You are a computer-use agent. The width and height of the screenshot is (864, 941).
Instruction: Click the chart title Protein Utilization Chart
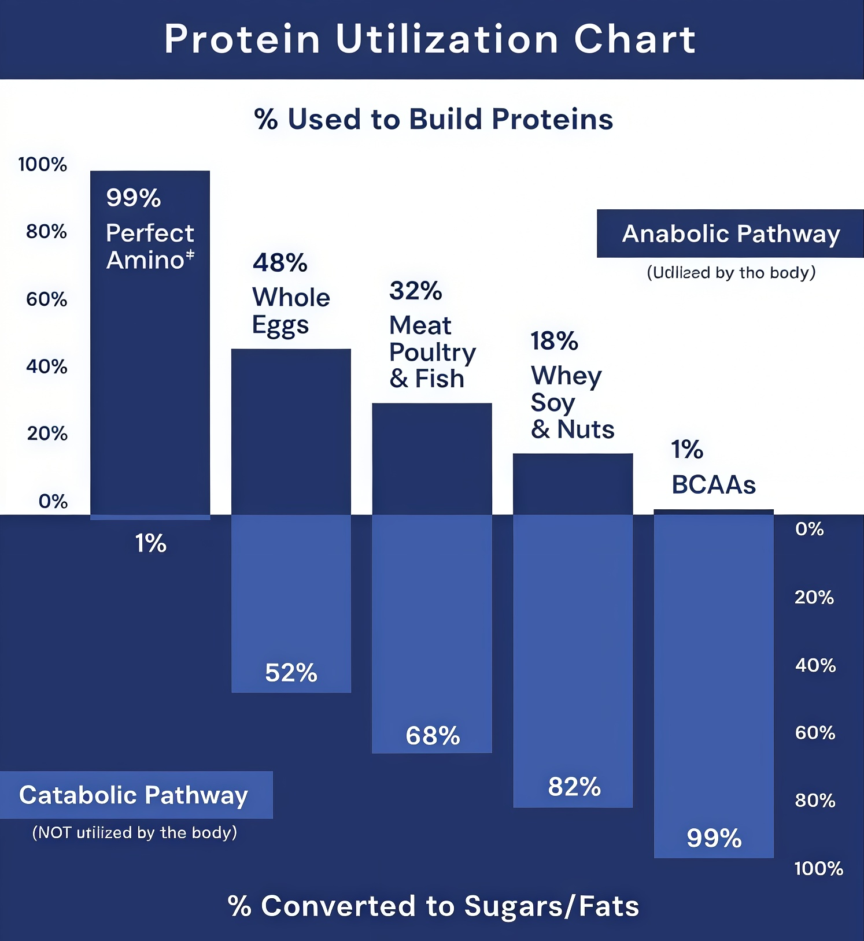(430, 39)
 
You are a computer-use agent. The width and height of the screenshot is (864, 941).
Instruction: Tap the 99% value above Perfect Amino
(134, 198)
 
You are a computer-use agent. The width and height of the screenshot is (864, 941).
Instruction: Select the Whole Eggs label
(291, 311)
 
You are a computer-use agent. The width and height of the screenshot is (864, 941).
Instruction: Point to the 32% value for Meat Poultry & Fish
(415, 291)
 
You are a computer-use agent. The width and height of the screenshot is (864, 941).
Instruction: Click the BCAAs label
(714, 485)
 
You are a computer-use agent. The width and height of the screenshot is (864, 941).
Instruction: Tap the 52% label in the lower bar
(291, 673)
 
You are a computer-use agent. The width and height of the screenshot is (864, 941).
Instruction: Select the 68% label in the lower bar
(433, 736)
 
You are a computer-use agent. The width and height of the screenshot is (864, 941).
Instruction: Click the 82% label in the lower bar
(574, 787)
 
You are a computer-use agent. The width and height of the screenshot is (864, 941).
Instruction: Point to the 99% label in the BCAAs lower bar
(714, 838)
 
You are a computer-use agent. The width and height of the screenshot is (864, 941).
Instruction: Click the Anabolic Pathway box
(730, 234)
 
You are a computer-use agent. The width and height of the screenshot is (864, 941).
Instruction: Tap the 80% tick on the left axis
(46, 232)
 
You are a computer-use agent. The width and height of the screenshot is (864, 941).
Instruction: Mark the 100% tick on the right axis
(818, 868)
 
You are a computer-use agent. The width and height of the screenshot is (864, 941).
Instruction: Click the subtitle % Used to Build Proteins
(433, 119)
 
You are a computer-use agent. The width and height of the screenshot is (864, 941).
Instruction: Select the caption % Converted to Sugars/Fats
(433, 906)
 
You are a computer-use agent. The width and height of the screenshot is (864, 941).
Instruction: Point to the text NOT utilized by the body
(135, 832)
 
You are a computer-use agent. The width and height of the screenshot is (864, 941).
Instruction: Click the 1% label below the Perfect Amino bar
(150, 543)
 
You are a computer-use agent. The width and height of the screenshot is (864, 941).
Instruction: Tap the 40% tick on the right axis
(815, 665)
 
